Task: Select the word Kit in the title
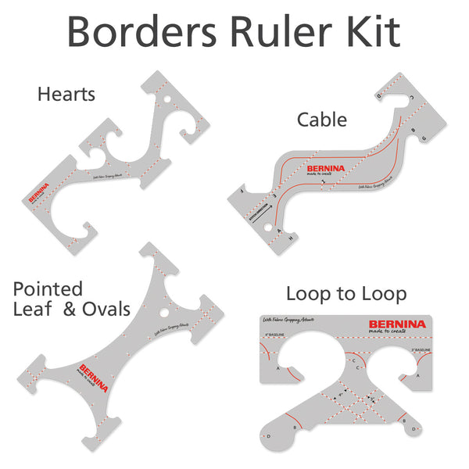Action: point(374,32)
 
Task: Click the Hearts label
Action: point(66,95)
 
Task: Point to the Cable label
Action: point(321,120)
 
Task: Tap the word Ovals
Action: point(107,309)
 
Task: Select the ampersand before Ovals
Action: point(70,309)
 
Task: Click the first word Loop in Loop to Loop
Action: point(307,294)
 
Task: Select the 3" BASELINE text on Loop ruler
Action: point(414,349)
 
